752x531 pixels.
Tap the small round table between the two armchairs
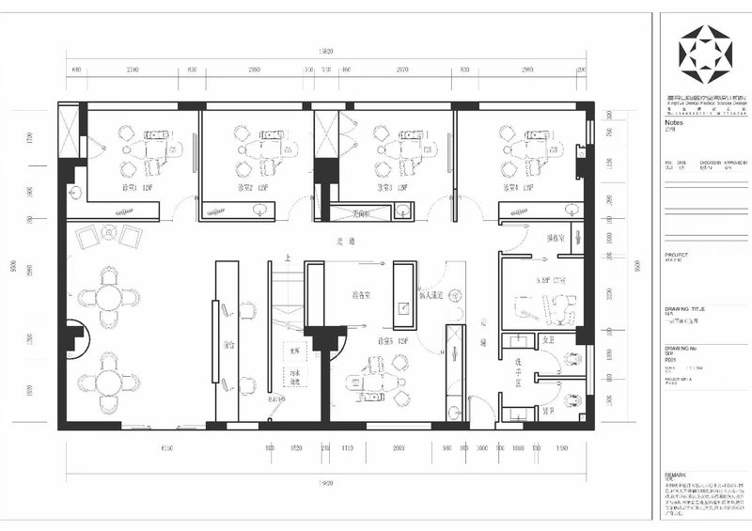coord(106,235)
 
